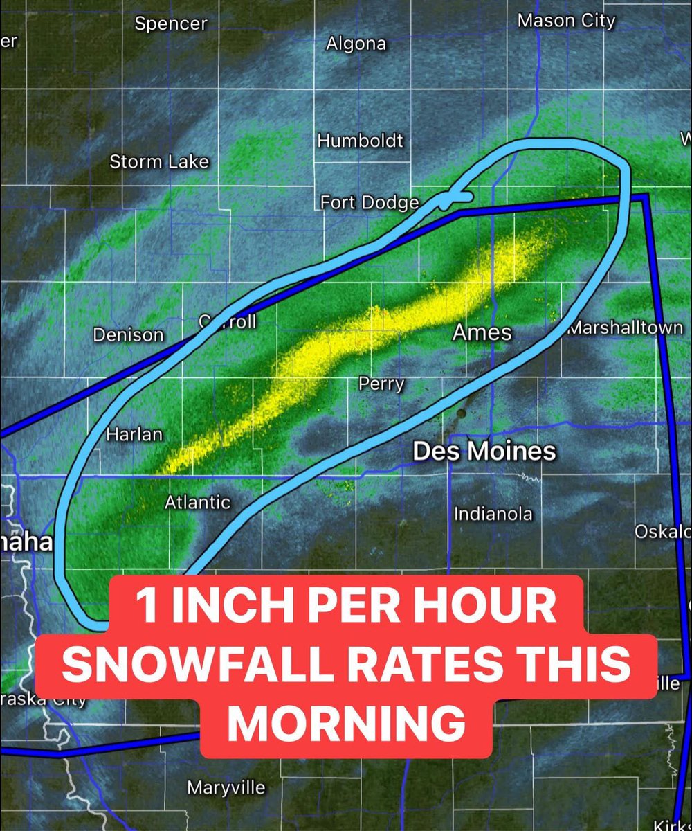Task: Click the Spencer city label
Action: (x=171, y=24)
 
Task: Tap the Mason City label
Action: (x=566, y=21)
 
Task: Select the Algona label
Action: (x=356, y=44)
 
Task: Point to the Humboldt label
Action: (x=360, y=141)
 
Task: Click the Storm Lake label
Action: (x=159, y=162)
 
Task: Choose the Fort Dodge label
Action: (x=370, y=202)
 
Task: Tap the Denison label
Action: (x=129, y=335)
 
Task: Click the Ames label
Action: (x=482, y=332)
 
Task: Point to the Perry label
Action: (x=381, y=384)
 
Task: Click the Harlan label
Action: (x=134, y=435)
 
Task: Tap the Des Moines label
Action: (x=484, y=452)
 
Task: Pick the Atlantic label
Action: (x=197, y=502)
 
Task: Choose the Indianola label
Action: (x=493, y=514)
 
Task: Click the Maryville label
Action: (x=226, y=787)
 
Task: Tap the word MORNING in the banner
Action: (x=346, y=723)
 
